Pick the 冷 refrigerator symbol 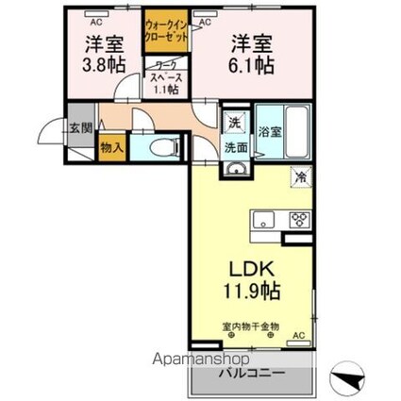(299, 176)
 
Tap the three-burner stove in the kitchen (299, 221)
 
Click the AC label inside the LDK (298, 335)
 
